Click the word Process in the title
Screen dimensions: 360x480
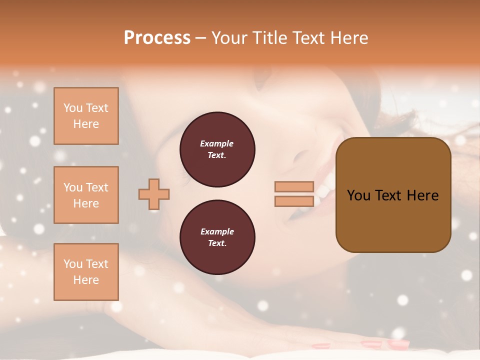pos(157,38)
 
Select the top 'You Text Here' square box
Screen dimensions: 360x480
pos(86,116)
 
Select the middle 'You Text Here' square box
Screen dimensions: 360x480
pos(86,195)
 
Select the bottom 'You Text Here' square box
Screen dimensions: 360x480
pos(86,272)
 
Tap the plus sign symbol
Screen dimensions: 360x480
pos(154,194)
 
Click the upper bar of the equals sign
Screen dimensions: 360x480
pos(294,187)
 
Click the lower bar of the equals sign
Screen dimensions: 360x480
pos(294,201)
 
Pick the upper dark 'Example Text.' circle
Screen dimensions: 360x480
pos(217,149)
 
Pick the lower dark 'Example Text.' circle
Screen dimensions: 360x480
pos(217,237)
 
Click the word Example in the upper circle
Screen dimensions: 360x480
pos(217,143)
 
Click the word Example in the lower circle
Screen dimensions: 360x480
pos(217,231)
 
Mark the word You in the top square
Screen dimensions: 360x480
pos(72,108)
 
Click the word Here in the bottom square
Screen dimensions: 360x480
pos(86,280)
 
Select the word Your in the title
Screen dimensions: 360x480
pos(230,38)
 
